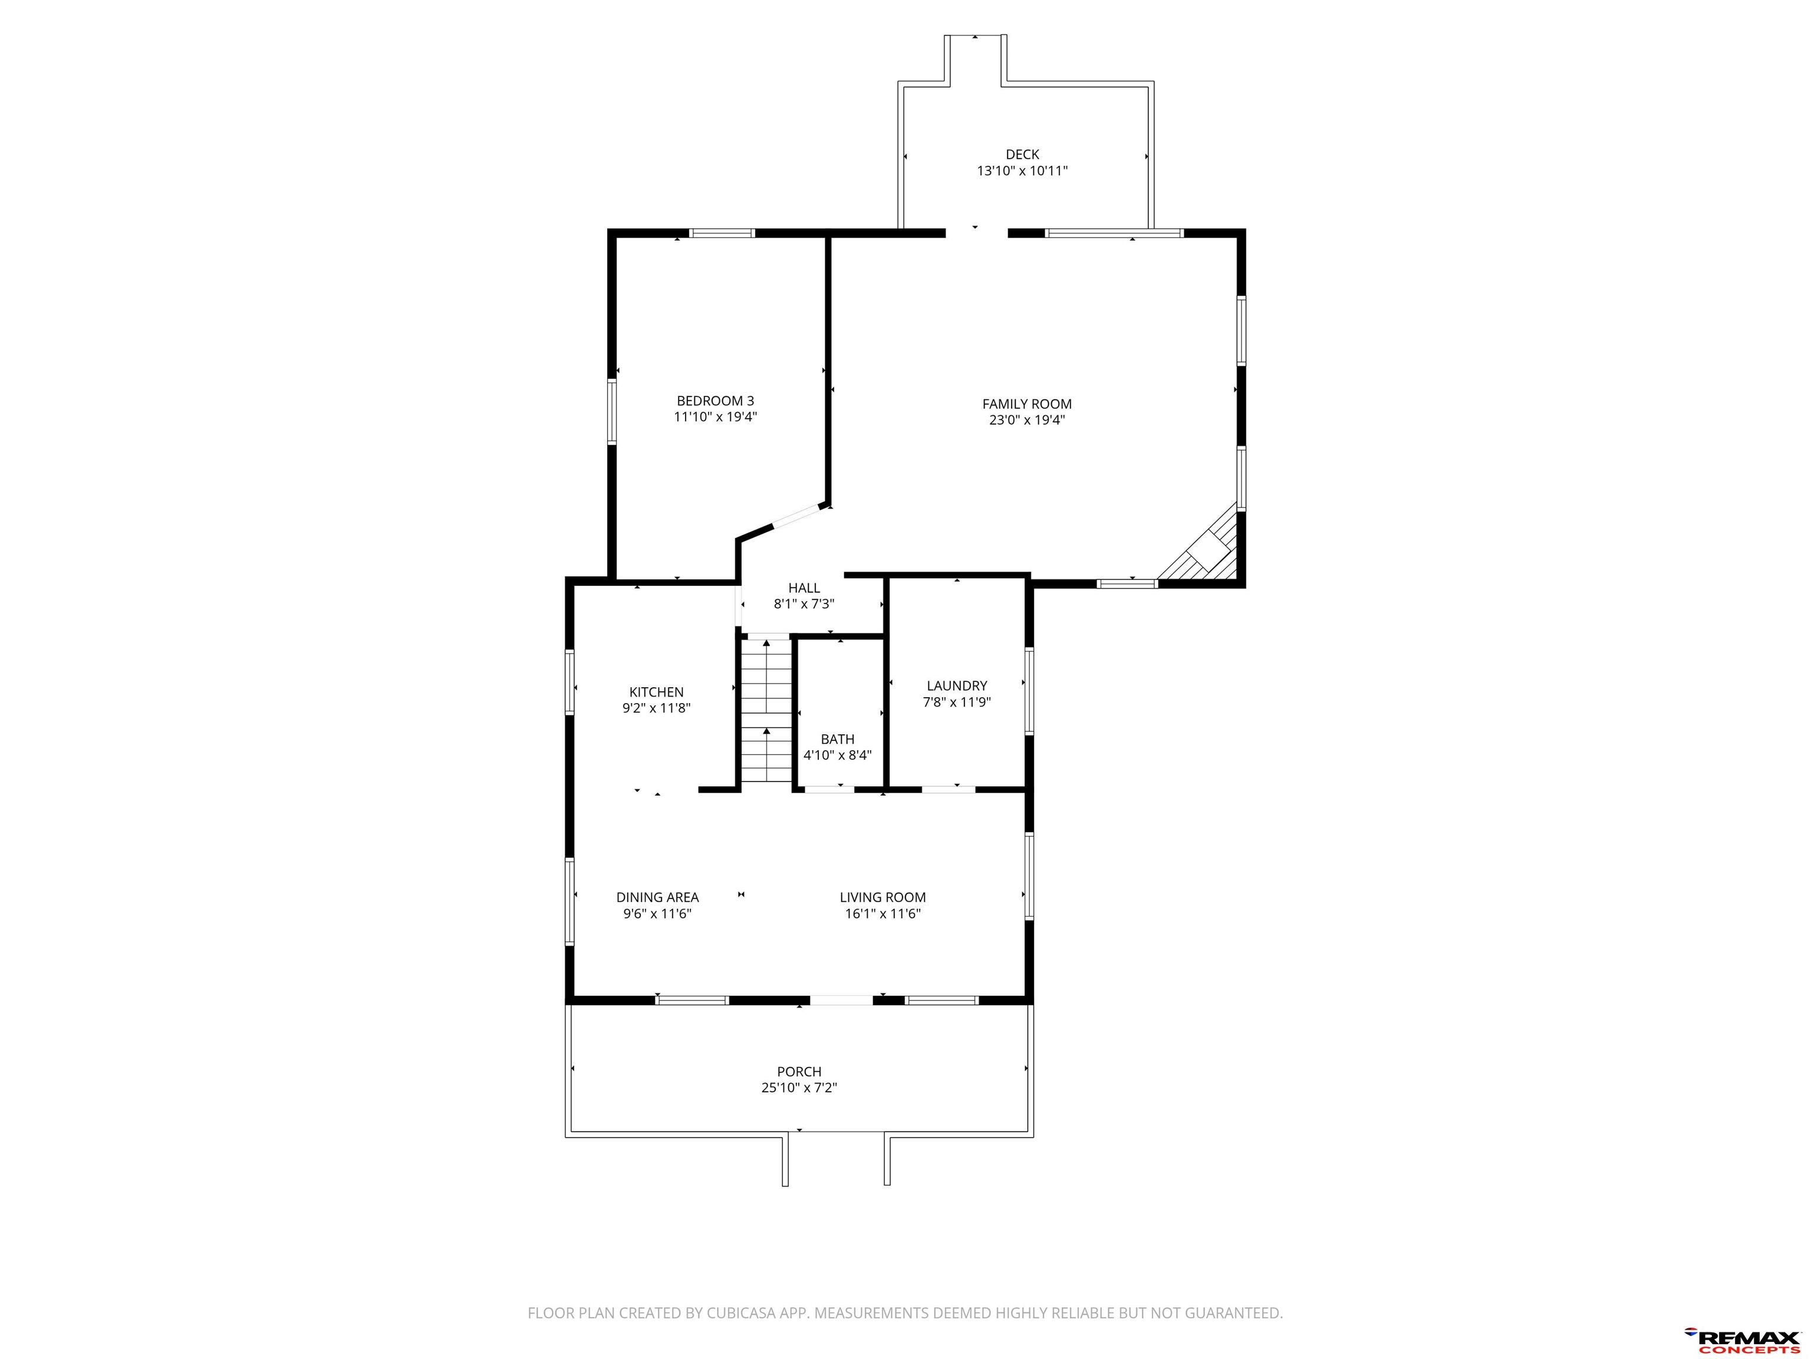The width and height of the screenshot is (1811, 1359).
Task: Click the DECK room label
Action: point(1023,154)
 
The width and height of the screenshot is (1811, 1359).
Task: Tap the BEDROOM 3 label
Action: point(714,401)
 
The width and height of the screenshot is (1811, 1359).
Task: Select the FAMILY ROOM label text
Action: point(1027,404)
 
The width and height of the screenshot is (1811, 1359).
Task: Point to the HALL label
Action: point(804,588)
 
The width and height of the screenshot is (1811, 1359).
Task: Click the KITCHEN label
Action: point(656,692)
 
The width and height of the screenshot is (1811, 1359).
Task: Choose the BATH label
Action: point(838,739)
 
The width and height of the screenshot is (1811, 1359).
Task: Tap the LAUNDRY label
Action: point(956,685)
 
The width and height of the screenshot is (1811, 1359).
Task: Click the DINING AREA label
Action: point(657,897)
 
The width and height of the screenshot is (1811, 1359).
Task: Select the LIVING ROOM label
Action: point(883,897)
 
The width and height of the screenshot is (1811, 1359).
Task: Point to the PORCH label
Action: point(799,1072)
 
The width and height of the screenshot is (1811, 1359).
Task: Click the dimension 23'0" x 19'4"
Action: point(1027,420)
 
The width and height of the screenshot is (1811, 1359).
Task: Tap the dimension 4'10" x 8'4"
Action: point(838,755)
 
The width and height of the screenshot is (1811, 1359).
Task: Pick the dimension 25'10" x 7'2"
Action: point(799,1088)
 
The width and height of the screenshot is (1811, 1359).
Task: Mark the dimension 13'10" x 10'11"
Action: point(1023,171)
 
